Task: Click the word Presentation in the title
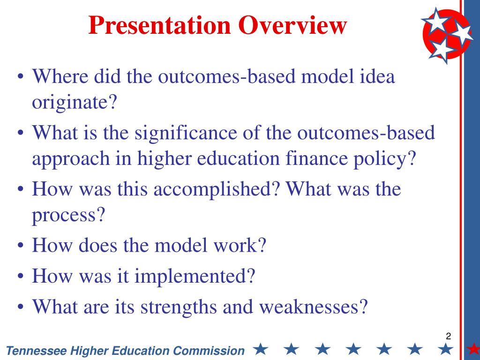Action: point(159,25)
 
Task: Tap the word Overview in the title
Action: point(292,25)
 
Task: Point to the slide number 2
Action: point(449,336)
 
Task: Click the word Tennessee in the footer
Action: point(37,351)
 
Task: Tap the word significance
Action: point(186,134)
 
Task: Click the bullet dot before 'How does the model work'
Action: point(21,246)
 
